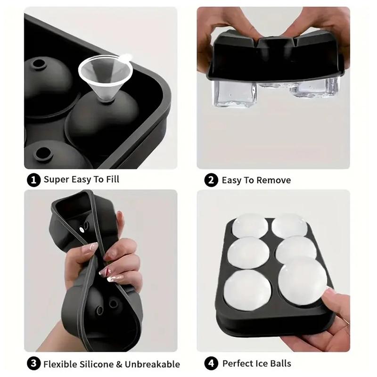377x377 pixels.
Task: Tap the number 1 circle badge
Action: point(33,180)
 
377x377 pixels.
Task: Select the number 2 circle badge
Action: point(211,180)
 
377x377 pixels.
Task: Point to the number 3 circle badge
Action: point(33,363)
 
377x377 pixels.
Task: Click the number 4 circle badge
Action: point(211,363)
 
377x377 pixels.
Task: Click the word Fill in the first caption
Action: point(113,180)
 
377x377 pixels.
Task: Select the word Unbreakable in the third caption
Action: point(152,364)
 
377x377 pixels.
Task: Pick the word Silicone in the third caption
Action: point(97,364)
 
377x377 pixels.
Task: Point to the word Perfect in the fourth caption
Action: point(238,363)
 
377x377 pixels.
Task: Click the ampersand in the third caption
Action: point(119,364)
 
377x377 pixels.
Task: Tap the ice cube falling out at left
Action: point(235,94)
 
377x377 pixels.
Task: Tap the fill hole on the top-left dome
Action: point(39,64)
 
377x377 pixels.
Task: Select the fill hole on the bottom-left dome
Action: point(43,154)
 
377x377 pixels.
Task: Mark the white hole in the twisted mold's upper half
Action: point(82,229)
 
